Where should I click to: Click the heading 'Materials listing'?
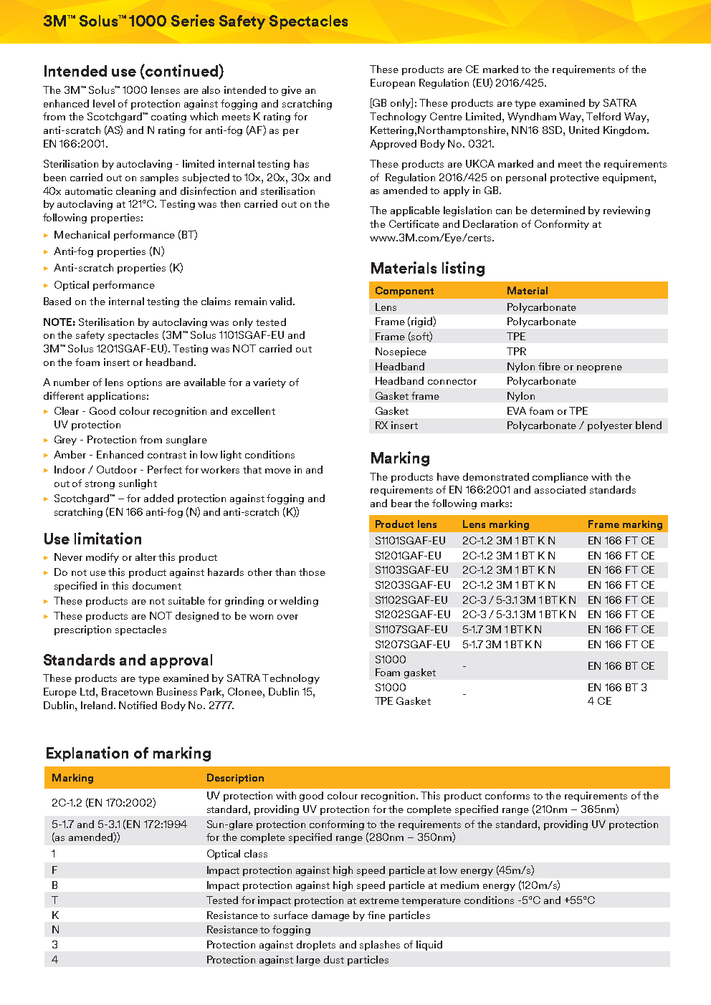427,269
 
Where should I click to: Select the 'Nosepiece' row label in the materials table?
400,352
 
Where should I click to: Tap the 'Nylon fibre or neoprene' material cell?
564,367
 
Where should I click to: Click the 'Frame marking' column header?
624,524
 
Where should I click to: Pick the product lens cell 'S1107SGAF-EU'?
411,630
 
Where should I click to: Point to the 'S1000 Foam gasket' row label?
405,666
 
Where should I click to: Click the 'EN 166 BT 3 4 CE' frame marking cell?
617,694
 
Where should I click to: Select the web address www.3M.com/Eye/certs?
431,238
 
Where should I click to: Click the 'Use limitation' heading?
92,539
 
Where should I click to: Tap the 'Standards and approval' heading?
128,660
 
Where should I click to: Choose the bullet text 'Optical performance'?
104,285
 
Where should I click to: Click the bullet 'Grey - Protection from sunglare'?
130,440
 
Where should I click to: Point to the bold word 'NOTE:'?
59,322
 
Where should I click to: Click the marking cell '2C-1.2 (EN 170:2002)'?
103,803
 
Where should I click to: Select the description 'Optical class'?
237,854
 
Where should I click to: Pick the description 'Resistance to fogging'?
258,930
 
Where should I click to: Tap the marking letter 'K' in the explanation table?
55,915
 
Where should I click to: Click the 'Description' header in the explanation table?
235,778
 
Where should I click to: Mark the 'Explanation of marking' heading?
128,754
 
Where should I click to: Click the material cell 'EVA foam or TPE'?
547,411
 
